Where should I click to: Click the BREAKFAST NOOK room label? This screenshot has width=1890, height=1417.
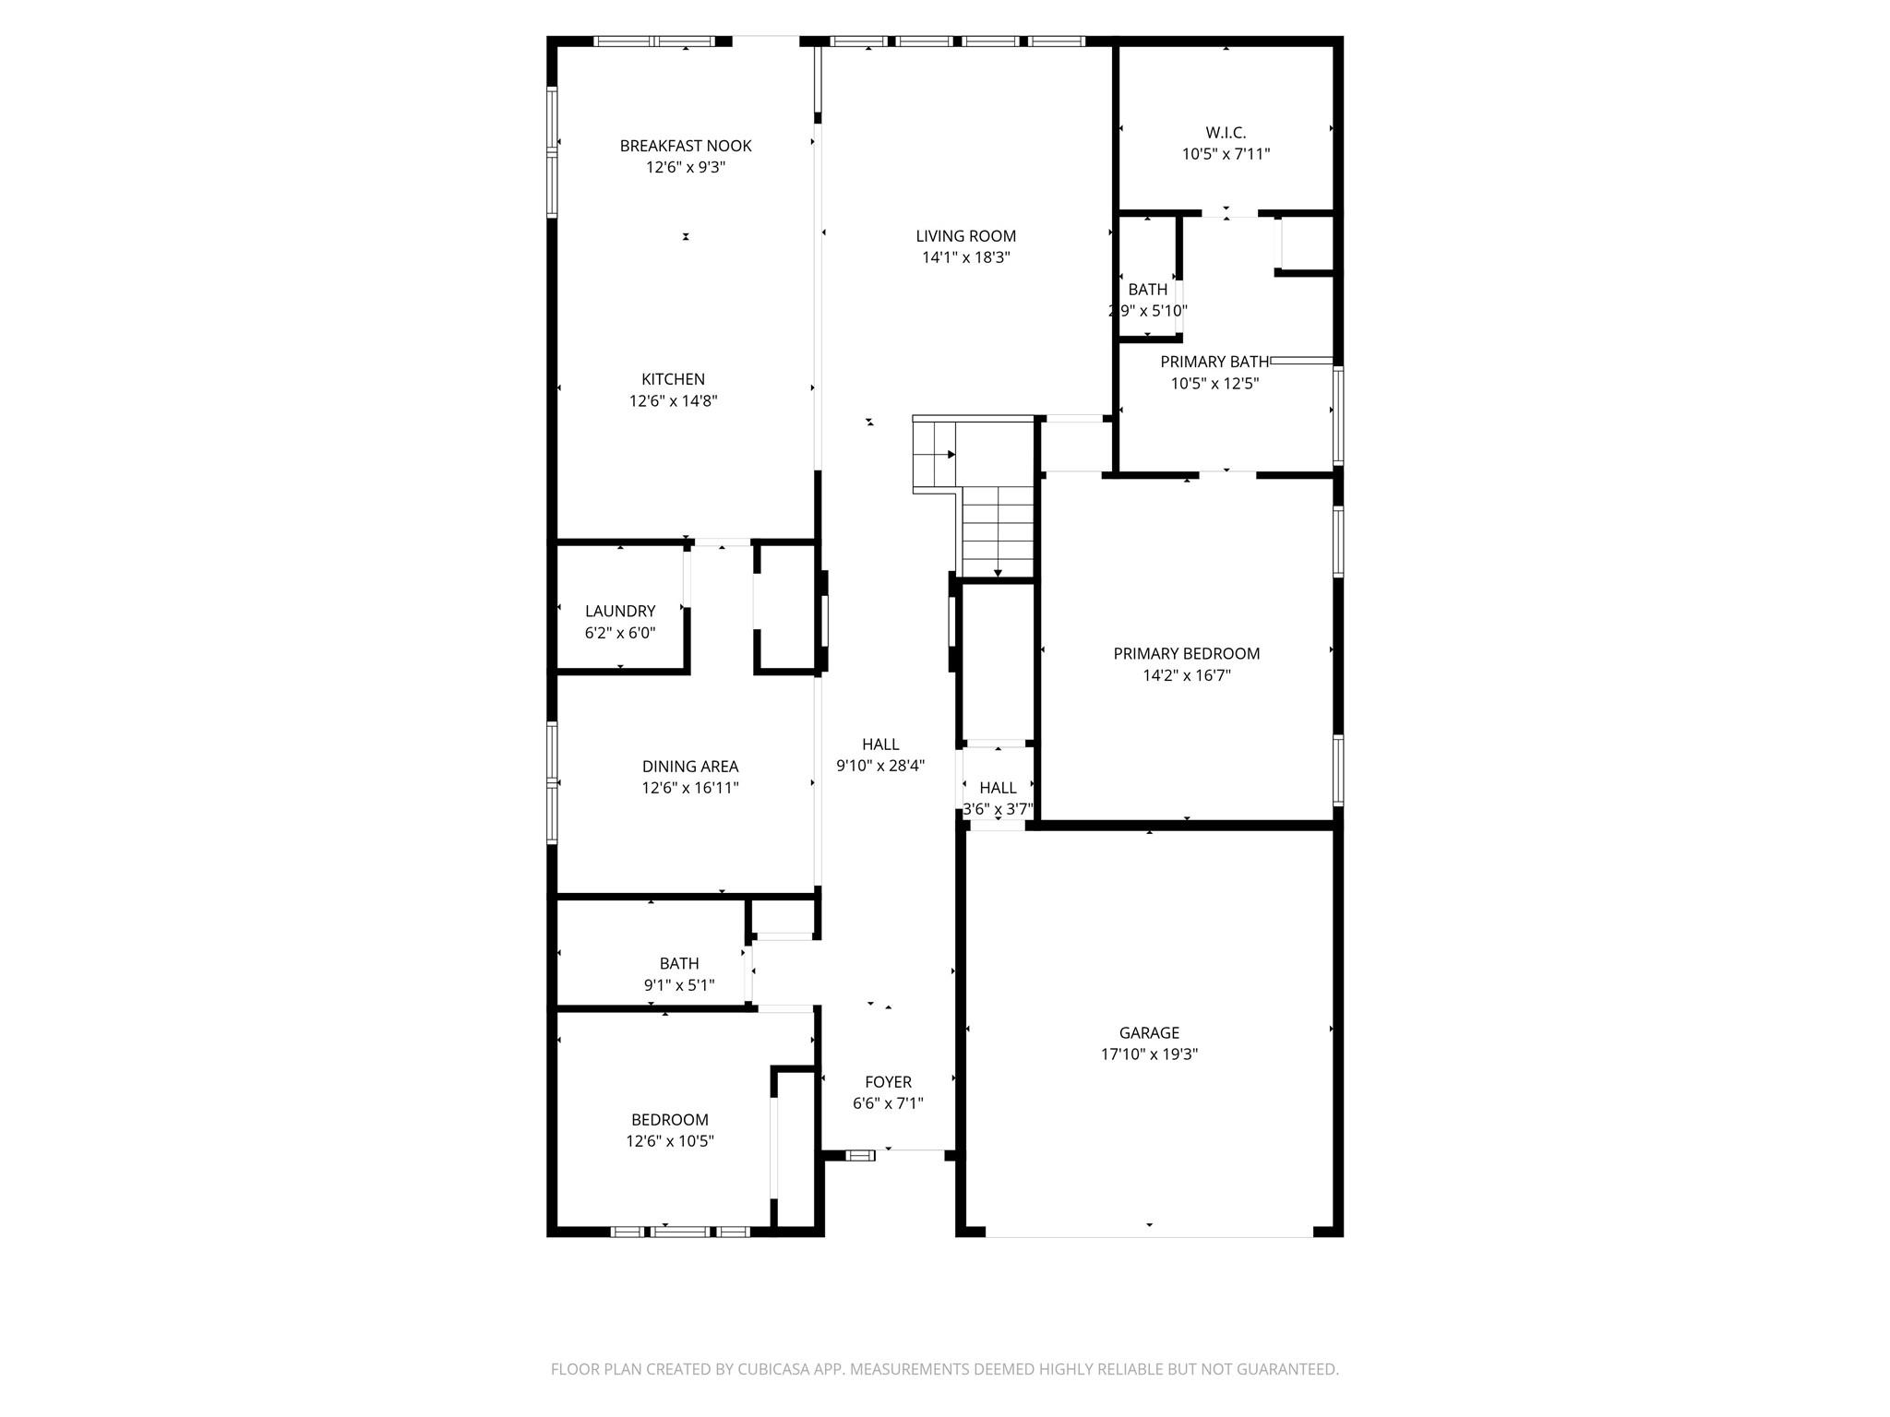pyautogui.click(x=685, y=146)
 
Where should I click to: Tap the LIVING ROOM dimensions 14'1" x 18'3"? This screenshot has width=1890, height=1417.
pyautogui.click(x=965, y=258)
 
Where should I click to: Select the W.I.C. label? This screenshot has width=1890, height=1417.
pyautogui.click(x=1226, y=133)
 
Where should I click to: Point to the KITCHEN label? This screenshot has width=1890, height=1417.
pyautogui.click(x=673, y=379)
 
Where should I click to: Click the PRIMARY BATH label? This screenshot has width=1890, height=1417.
pyautogui.click(x=1214, y=362)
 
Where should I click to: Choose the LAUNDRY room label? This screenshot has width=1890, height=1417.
pyautogui.click(x=620, y=611)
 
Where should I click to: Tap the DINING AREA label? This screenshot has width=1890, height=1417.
pyautogui.click(x=690, y=767)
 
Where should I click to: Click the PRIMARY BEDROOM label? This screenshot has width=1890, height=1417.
pyautogui.click(x=1186, y=654)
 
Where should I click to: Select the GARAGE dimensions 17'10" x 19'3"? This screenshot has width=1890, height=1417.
pyautogui.click(x=1149, y=1054)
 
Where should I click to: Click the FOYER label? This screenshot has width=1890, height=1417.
pyautogui.click(x=888, y=1082)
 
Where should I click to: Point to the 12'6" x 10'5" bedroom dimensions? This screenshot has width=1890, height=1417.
pyautogui.click(x=670, y=1141)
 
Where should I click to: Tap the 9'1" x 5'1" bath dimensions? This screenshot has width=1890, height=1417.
pyautogui.click(x=679, y=985)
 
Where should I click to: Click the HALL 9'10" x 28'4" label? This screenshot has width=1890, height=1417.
pyautogui.click(x=880, y=744)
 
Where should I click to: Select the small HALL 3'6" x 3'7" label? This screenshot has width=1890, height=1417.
pyautogui.click(x=998, y=788)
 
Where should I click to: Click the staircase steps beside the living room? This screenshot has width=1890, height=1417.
pyautogui.click(x=997, y=530)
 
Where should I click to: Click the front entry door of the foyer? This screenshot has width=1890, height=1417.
pyautogui.click(x=909, y=1150)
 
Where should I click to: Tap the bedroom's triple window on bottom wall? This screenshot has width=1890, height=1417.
pyautogui.click(x=681, y=1231)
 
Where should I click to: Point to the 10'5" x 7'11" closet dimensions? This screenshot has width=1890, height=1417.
pyautogui.click(x=1226, y=154)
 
